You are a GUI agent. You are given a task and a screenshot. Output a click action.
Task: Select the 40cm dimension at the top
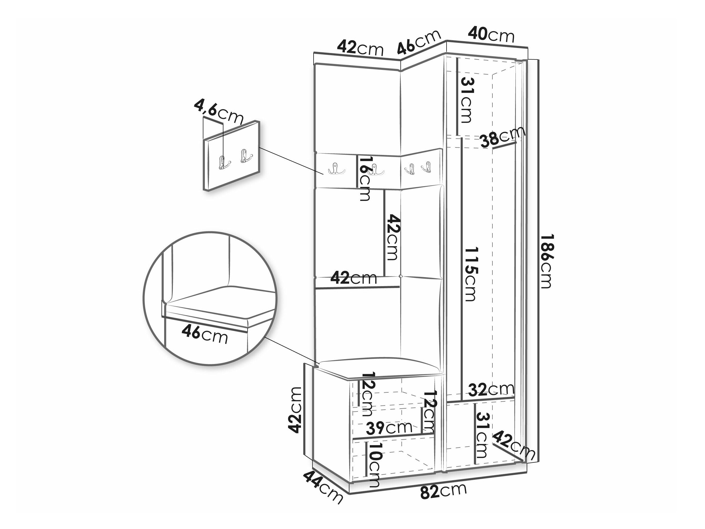tap(491, 35)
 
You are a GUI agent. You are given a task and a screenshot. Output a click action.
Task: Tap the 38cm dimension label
tap(503, 137)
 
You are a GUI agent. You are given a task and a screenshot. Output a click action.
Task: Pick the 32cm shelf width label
tap(491, 389)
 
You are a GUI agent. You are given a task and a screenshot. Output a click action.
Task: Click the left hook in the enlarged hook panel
tap(222, 162)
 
